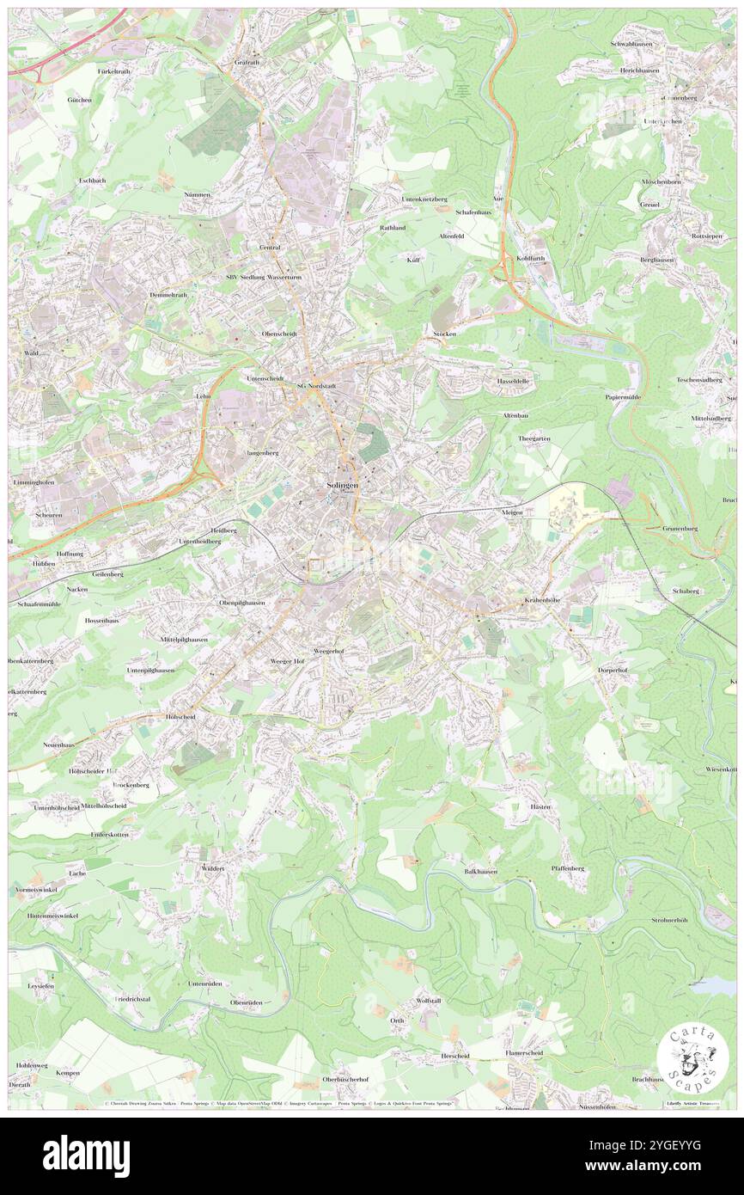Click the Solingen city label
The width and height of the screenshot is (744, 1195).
point(341,486)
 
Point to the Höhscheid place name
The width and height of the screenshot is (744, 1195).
point(180,716)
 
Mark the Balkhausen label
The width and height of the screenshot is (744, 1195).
point(481,871)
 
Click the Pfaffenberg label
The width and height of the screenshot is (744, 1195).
point(567,868)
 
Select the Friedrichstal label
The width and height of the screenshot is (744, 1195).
point(132,999)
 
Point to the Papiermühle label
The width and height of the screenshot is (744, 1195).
point(624,397)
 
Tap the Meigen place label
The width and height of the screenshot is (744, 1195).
point(513,512)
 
